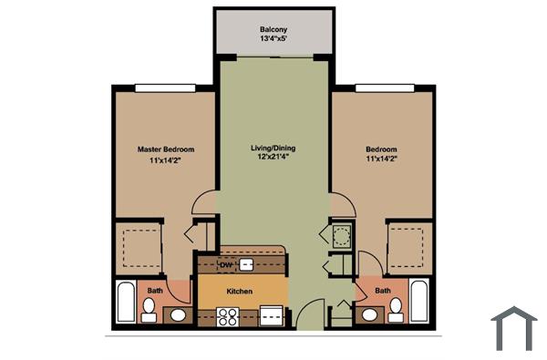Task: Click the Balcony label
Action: [274, 28]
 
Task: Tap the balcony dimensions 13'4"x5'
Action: [274, 39]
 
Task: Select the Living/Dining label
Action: [273, 148]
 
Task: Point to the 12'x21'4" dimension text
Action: [273, 158]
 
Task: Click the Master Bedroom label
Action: [165, 149]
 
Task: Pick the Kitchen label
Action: [240, 292]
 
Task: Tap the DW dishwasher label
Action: [227, 264]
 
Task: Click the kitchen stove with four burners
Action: [229, 317]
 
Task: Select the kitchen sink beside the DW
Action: [247, 264]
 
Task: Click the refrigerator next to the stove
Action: [271, 316]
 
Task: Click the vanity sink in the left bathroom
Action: [178, 316]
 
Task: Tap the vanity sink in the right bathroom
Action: [368, 316]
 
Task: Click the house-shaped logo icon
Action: [514, 328]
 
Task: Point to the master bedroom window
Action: [165, 87]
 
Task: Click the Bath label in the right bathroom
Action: [383, 292]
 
